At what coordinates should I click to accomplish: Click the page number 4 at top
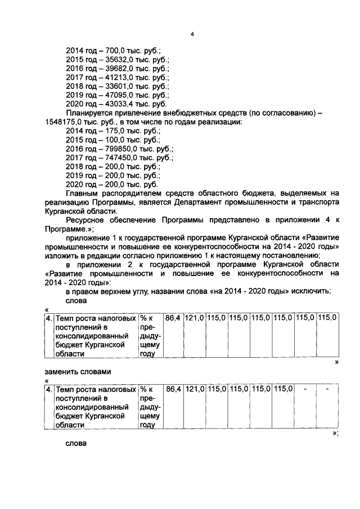point(192,34)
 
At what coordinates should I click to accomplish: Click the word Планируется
point(91,113)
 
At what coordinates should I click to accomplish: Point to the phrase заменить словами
point(78,372)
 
